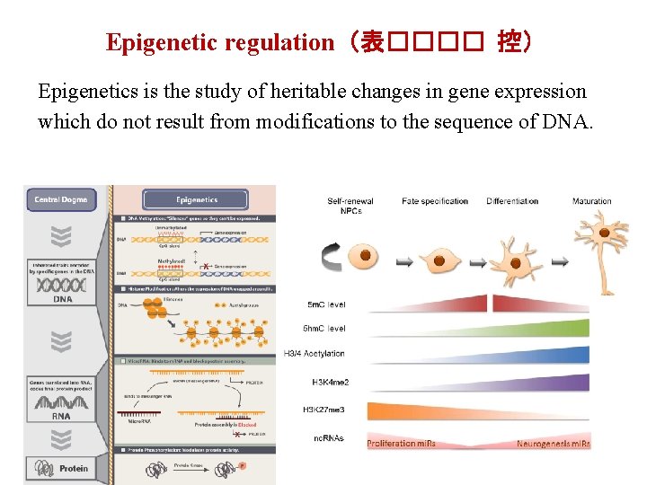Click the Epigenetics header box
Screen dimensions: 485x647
click(x=197, y=199)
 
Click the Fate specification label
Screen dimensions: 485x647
click(x=435, y=201)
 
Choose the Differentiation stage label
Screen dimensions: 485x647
click(x=512, y=201)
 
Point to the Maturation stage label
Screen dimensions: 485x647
click(x=591, y=201)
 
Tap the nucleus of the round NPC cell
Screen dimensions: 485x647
click(x=365, y=256)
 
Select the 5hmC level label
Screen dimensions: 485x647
click(x=326, y=329)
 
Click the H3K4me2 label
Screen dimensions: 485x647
click(x=331, y=382)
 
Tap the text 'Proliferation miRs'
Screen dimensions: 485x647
click(x=401, y=444)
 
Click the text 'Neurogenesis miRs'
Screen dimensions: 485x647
click(x=553, y=444)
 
